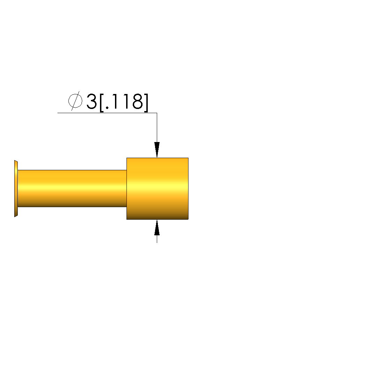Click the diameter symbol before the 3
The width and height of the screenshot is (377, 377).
tap(75, 101)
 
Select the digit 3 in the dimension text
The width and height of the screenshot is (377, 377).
tap(91, 101)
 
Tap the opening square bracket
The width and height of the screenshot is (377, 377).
tap(102, 103)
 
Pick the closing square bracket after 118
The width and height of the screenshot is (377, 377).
tap(146, 103)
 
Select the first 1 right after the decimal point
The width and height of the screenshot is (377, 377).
tap(115, 101)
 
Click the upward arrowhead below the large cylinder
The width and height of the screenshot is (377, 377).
tap(157, 227)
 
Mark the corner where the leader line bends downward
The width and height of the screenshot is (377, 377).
tap(157, 113)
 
